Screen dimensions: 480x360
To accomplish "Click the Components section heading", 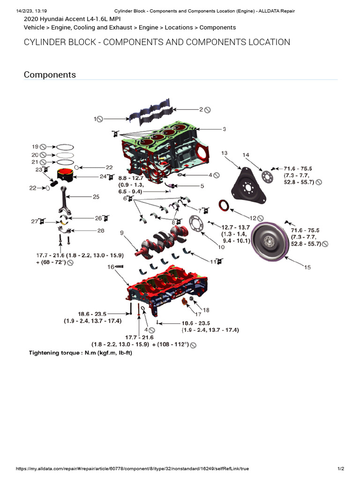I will (50, 75).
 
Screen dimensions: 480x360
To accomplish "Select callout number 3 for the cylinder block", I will (224, 129).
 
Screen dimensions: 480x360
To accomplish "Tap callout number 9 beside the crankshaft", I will (122, 232).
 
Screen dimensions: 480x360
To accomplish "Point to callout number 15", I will (307, 267).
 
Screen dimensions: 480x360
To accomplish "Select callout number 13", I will (224, 153).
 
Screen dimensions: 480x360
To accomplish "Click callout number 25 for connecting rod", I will (96, 197).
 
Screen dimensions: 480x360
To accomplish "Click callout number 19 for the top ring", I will (35, 146).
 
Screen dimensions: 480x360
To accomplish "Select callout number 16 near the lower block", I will (111, 266).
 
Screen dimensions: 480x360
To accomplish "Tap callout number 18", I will (206, 310).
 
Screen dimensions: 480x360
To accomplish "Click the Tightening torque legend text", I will (81, 352).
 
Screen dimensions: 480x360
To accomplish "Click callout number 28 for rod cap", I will (101, 230).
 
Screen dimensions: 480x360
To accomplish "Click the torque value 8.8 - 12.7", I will (131, 178).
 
